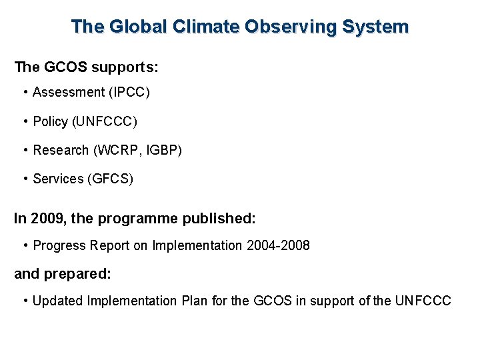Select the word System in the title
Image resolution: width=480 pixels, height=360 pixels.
point(377,27)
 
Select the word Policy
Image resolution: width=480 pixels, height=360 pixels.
point(50,121)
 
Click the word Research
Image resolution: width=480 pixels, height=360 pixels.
point(61,150)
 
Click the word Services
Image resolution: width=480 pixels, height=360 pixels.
point(58,179)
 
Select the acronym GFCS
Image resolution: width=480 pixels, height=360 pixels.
point(111,179)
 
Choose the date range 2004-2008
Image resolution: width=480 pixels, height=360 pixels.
point(278,245)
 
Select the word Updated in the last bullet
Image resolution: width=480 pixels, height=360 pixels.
point(55,301)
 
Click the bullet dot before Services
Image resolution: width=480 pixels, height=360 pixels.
point(25,179)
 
